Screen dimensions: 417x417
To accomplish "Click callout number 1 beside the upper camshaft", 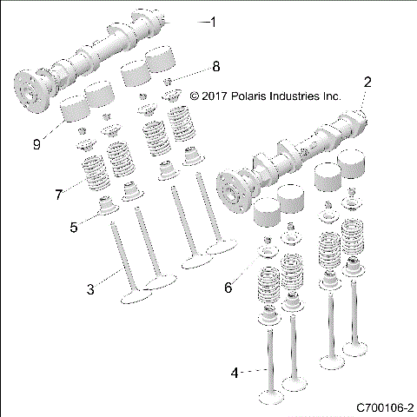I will (x=215, y=22).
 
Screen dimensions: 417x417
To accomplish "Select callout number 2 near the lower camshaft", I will (x=367, y=83).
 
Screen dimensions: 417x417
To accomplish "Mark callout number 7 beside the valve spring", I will (x=59, y=194).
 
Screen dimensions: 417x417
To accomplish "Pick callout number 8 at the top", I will (x=215, y=66).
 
